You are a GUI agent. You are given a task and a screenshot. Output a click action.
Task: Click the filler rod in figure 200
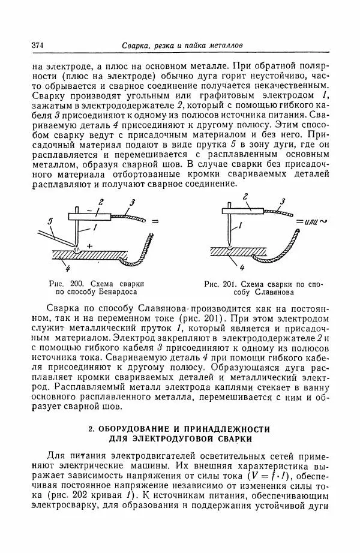point(57,238)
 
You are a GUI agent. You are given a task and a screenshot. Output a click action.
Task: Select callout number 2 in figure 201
point(246,196)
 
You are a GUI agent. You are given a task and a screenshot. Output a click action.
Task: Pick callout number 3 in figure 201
point(282,202)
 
